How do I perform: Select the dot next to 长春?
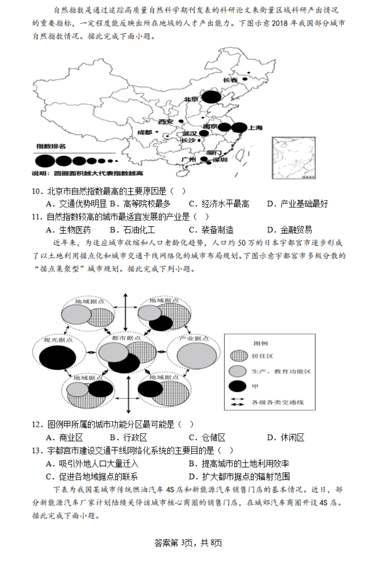click(245, 79)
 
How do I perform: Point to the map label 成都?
click(145, 132)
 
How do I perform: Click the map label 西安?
click(166, 121)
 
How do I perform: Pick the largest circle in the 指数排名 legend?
click(45, 161)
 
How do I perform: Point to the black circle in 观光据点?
click(58, 356)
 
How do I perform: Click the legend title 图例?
click(261, 343)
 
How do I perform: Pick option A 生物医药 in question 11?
click(69, 230)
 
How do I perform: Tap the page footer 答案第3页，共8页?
click(188, 543)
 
